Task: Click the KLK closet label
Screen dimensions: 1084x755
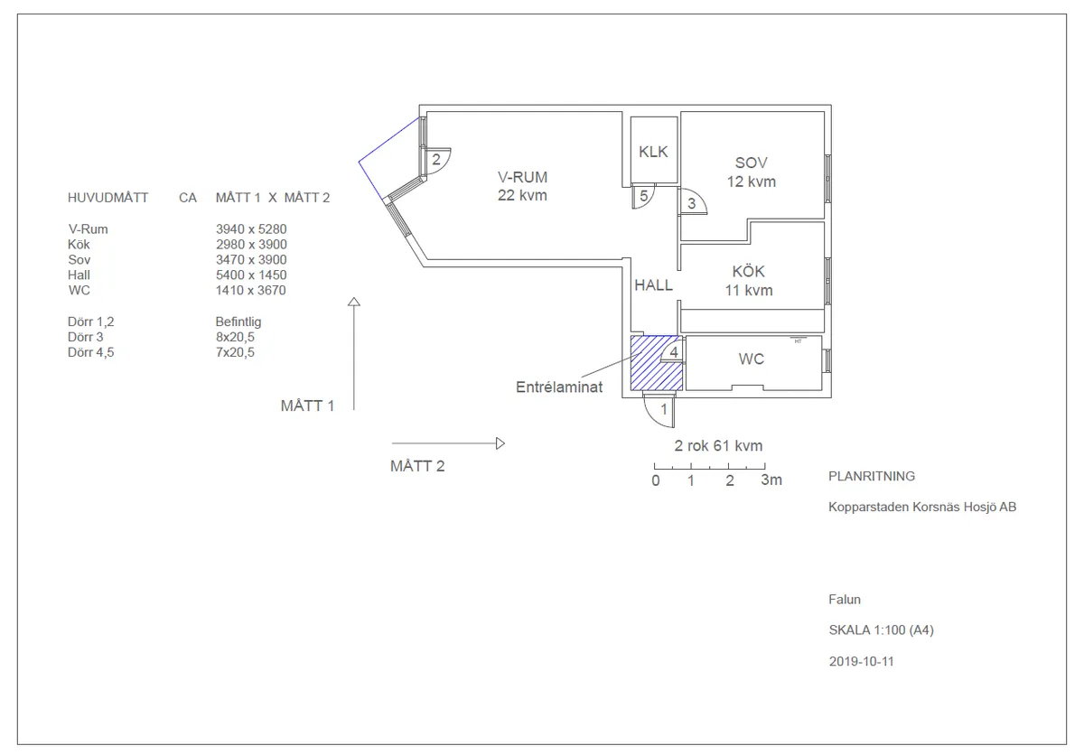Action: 653,152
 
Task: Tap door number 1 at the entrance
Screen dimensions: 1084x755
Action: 664,409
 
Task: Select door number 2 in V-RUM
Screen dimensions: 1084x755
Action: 436,159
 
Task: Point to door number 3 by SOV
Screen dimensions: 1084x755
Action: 692,203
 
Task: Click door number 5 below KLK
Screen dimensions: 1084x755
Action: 643,196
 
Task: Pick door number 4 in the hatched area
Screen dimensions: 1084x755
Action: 674,352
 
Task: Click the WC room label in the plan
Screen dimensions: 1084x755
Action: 751,359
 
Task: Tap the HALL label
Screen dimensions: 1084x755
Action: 653,284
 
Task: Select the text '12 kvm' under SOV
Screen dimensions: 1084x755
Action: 751,182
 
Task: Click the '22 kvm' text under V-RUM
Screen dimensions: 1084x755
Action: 522,195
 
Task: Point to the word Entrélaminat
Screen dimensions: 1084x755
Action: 559,387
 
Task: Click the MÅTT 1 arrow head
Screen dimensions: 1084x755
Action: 354,302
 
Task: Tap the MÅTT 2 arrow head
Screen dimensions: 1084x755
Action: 500,443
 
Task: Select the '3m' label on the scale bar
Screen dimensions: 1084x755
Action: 771,480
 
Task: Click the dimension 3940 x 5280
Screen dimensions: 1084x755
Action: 251,228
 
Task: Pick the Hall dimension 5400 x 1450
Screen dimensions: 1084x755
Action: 251,275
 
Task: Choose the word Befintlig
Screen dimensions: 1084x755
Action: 238,322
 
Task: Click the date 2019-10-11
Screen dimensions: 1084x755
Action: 861,661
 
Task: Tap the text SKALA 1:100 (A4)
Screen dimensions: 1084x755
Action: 881,630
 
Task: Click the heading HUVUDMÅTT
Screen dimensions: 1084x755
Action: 107,198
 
